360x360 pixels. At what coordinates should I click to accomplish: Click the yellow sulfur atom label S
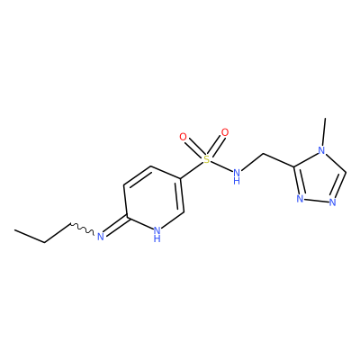click(206, 159)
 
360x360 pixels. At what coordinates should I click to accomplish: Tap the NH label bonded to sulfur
click(237, 176)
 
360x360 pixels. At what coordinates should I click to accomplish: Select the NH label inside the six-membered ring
click(157, 234)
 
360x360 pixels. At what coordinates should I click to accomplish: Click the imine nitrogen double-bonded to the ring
click(100, 237)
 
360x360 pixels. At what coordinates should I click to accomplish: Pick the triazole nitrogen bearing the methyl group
click(321, 150)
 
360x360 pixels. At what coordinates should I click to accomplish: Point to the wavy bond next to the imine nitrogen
click(82, 229)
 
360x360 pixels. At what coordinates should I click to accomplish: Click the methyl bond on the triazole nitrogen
click(324, 132)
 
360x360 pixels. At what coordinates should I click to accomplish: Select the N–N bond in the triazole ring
click(316, 201)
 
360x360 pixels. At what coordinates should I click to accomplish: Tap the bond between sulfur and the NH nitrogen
click(221, 166)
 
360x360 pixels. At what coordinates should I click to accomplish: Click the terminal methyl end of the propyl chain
click(15, 230)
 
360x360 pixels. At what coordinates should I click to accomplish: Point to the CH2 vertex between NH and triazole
click(264, 154)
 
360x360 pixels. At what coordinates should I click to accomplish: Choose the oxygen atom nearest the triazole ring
click(224, 132)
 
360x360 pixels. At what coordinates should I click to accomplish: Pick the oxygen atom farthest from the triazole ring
click(183, 137)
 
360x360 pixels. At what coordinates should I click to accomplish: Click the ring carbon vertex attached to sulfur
click(181, 179)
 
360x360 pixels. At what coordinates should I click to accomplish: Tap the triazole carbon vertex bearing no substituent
click(346, 173)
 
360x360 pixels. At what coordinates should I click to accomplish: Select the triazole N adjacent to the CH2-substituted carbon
click(300, 199)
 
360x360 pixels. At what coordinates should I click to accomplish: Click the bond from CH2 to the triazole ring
click(278, 160)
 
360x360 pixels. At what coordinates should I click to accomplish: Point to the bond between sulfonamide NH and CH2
click(252, 162)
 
